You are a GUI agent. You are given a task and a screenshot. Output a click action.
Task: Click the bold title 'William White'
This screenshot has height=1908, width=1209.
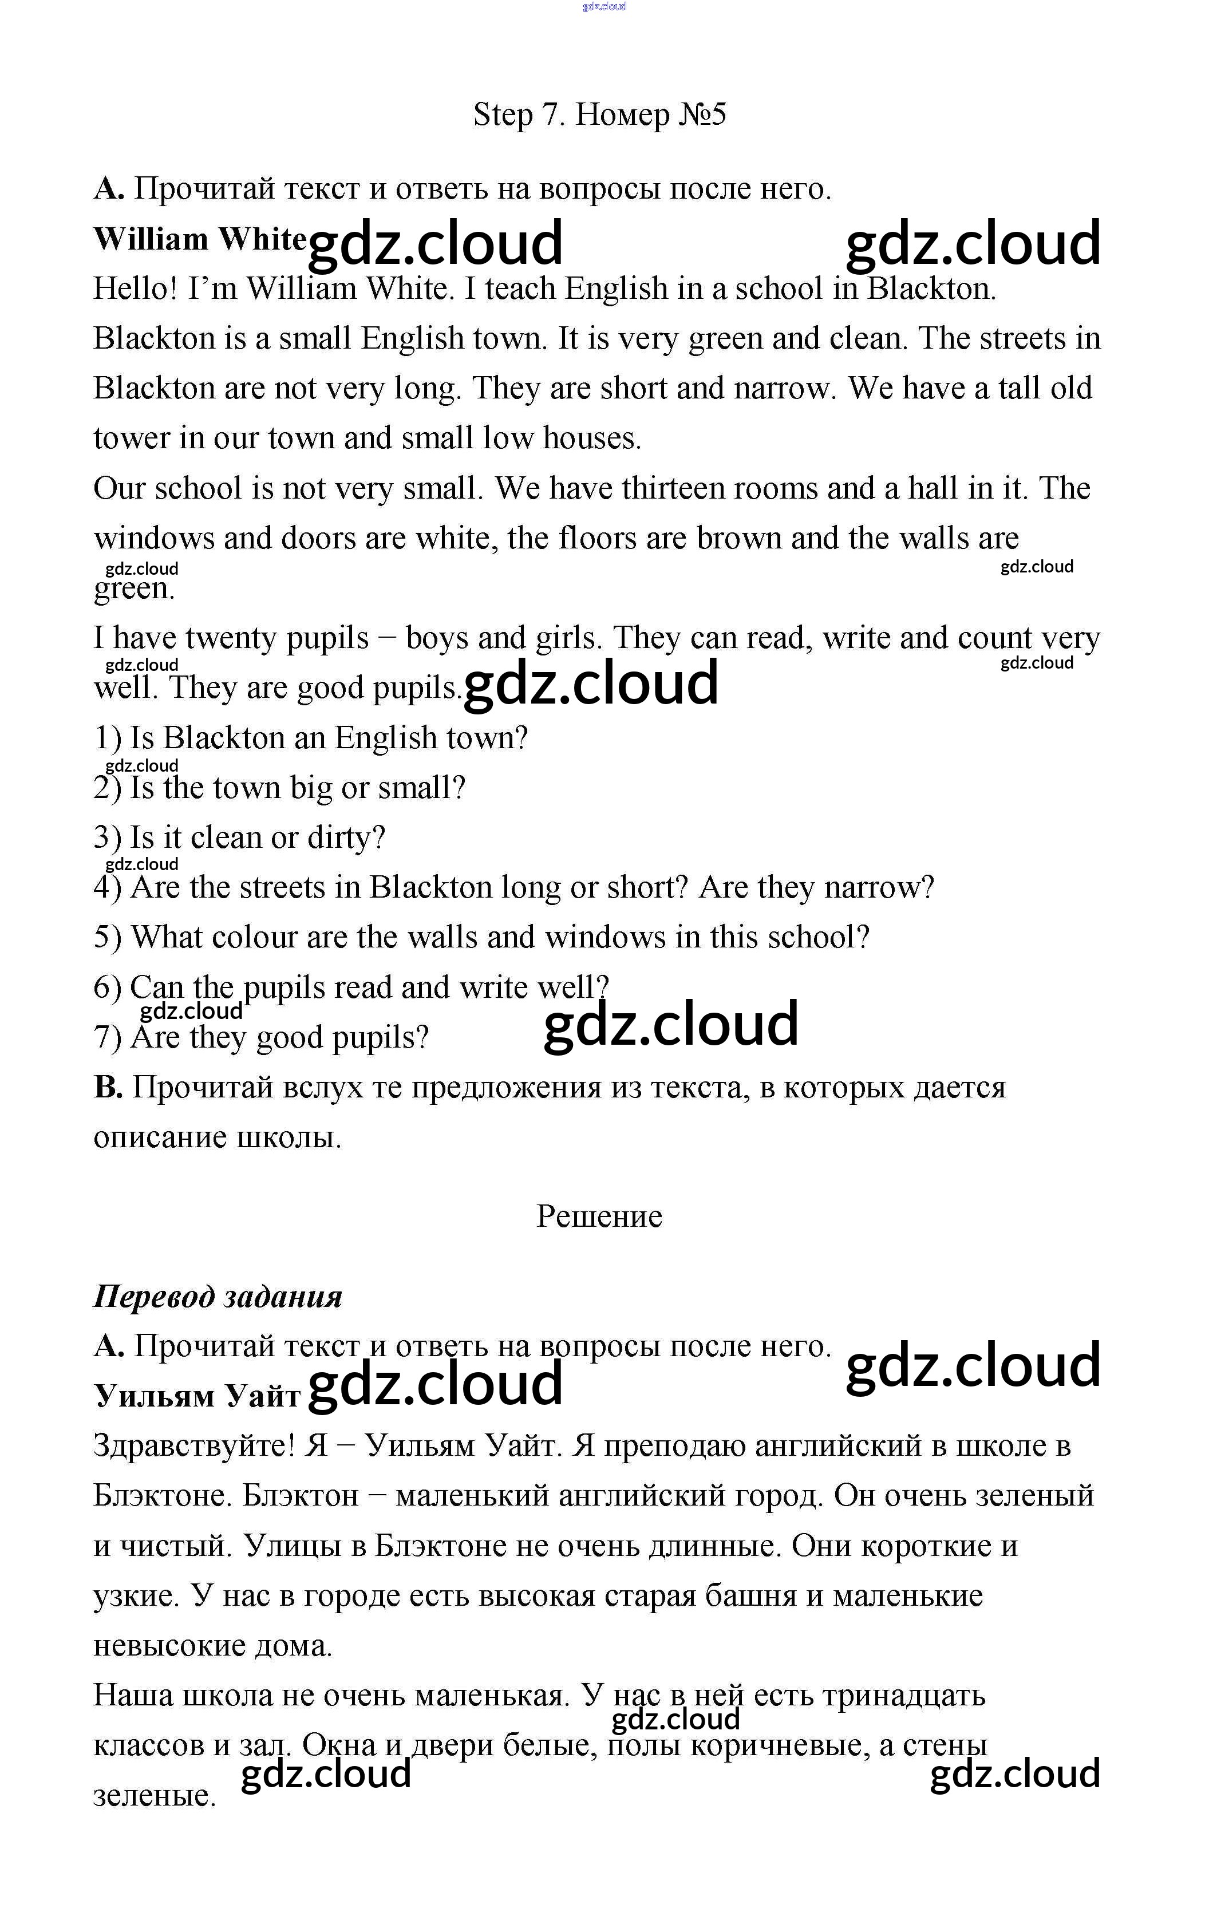200,239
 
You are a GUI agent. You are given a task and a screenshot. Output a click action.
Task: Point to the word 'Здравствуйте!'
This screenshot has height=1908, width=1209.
194,1446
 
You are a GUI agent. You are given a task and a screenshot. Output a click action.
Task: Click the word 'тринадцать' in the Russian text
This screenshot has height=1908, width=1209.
903,1696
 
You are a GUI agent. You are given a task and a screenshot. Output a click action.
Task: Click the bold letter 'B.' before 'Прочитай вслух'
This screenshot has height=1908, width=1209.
108,1087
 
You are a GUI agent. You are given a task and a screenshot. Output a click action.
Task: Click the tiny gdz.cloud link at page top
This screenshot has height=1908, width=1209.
604,6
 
